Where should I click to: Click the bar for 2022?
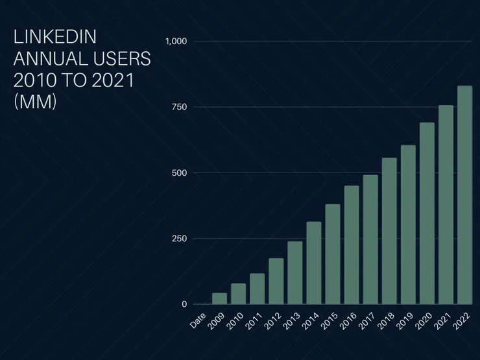coord(464,195)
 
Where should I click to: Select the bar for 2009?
coord(220,298)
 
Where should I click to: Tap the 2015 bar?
coord(333,254)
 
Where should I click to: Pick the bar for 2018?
coord(389,231)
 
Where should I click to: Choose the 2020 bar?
coord(427,213)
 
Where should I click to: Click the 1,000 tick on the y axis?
coord(176,42)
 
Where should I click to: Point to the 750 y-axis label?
coord(179,107)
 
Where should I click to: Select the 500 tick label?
coord(179,173)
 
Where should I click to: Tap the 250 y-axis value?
coord(179,239)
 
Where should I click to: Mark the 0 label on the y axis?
coord(184,304)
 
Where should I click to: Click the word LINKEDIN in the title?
coord(54,37)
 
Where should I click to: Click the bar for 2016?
coord(352,245)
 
